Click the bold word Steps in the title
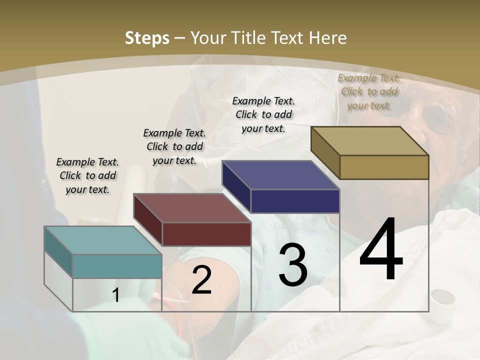click(147, 38)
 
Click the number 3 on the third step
click(293, 265)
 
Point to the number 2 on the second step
click(201, 280)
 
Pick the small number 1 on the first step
click(116, 295)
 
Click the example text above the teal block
click(87, 175)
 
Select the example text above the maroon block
click(174, 146)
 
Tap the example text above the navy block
click(263, 114)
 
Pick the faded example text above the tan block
click(369, 91)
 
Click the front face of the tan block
click(384, 167)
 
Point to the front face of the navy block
click(295, 201)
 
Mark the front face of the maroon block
click(206, 234)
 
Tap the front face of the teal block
click(117, 266)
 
